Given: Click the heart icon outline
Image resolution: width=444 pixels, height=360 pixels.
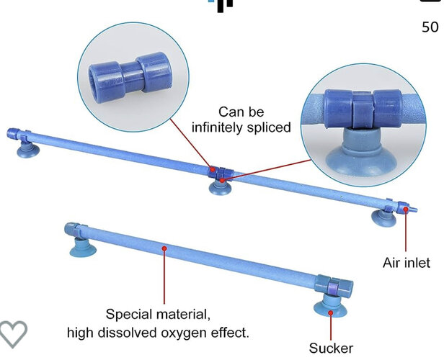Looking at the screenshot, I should (12, 333).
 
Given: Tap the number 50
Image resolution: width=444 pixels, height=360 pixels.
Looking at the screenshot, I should (430, 27).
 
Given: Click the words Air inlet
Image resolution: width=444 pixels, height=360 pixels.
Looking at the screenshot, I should (406, 263).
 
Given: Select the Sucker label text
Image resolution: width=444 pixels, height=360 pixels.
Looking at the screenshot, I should (331, 348).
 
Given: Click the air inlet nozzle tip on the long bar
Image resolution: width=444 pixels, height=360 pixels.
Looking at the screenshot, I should (414, 210).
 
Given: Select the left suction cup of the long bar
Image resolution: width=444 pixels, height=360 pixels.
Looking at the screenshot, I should (28, 149).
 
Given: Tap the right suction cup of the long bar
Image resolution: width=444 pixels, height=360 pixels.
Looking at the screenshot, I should (379, 215).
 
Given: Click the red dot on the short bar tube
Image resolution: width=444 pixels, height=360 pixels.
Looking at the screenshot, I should (165, 248).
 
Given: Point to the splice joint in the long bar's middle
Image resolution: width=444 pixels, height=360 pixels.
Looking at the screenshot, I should (217, 172).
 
